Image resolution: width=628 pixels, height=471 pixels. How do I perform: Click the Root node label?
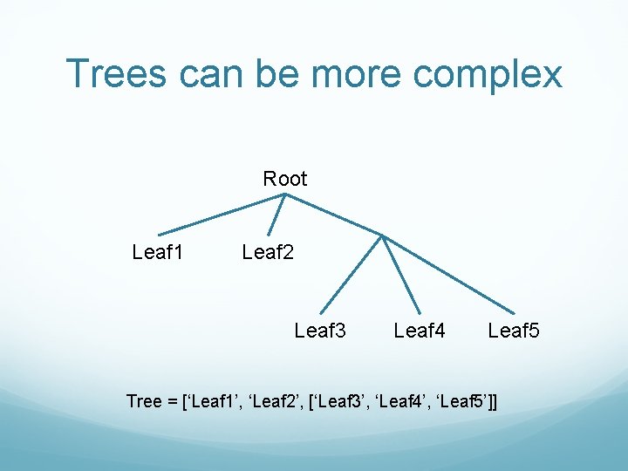pos(285,179)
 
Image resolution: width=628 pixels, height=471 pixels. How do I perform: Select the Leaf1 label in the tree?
pos(158,253)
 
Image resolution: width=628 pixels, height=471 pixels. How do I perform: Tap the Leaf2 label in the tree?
pos(268,253)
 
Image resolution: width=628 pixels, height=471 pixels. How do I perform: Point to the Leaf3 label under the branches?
pos(320,331)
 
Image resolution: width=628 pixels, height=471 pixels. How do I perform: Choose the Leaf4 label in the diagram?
pos(420,331)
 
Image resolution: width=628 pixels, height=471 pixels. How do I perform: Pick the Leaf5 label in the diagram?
pos(514,331)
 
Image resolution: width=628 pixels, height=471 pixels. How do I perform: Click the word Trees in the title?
pos(117,73)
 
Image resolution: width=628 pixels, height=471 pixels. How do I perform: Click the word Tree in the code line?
pos(144,401)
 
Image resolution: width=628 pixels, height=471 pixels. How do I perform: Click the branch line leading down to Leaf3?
pos(351,274)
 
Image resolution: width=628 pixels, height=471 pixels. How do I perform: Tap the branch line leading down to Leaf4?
pos(401,274)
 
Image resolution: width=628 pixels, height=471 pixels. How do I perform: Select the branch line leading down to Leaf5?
pos(450,274)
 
